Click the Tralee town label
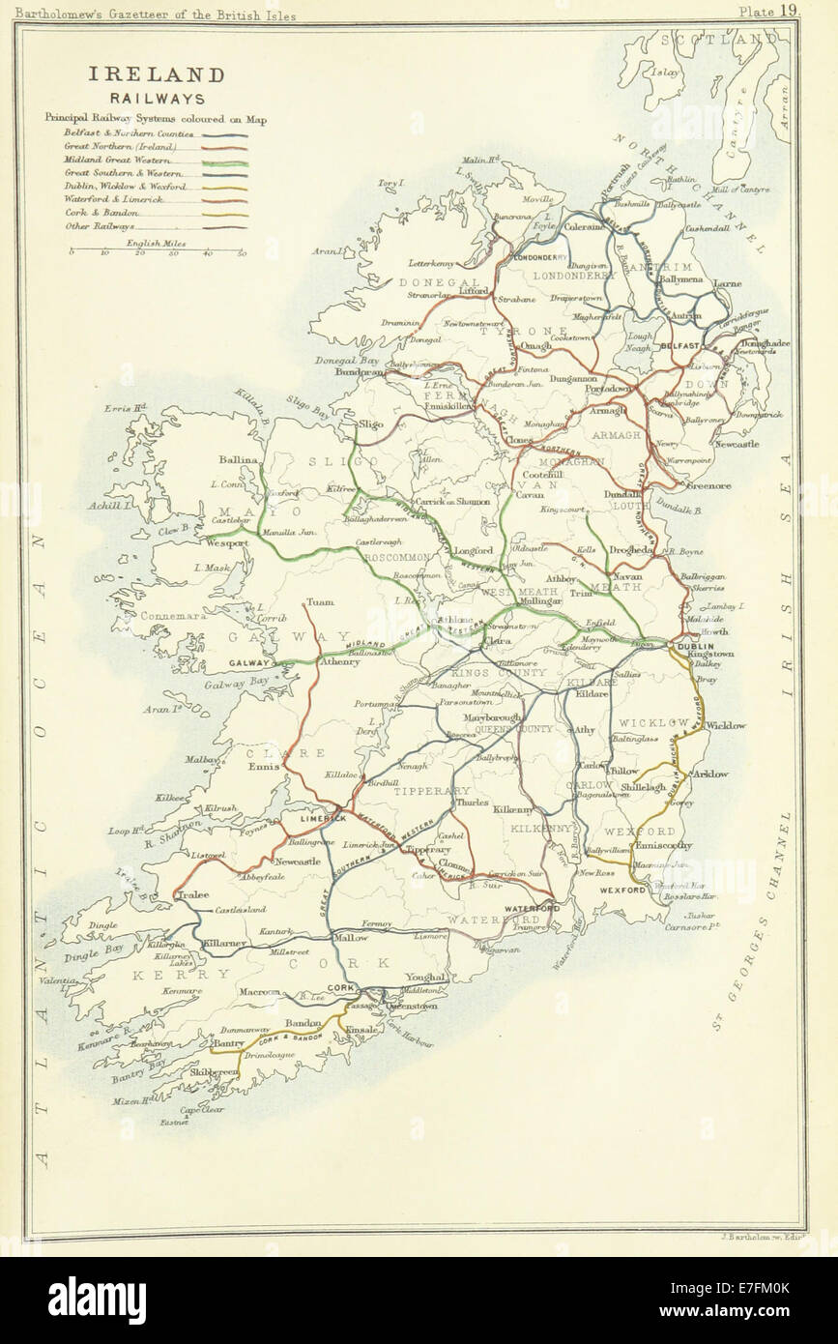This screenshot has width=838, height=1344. pos(194,895)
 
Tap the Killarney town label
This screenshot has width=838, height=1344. pos(227,940)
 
